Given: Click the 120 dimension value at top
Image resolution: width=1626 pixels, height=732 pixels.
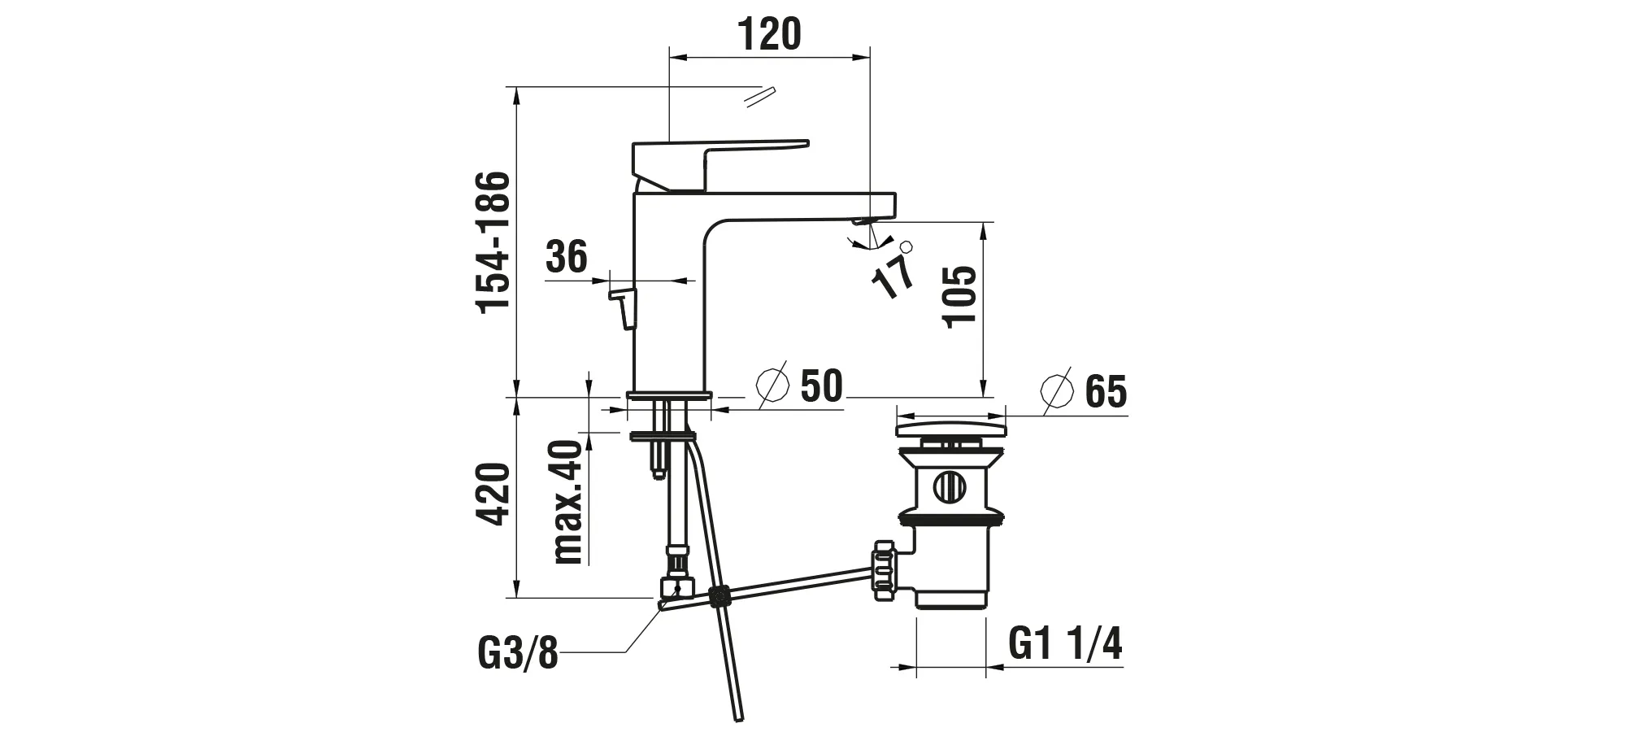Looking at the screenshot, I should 769,34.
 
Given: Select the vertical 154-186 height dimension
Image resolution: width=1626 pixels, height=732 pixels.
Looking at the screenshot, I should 493,242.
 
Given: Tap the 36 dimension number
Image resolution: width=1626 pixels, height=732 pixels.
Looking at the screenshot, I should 566,257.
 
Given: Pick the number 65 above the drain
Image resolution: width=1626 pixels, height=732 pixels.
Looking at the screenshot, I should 1106,393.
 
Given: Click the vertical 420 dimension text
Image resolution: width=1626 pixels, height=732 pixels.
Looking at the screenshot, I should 493,495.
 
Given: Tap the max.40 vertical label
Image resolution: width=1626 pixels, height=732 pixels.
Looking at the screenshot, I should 568,501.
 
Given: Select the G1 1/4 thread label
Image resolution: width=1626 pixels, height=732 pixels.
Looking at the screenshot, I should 1065,645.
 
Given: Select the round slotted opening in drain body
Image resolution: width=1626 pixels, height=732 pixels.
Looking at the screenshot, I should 949,487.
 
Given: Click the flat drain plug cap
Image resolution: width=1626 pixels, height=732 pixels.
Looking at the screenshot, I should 950,428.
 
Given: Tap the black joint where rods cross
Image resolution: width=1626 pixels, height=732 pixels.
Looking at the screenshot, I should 718,597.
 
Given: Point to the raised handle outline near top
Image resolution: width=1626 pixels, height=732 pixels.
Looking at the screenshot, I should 759,96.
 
